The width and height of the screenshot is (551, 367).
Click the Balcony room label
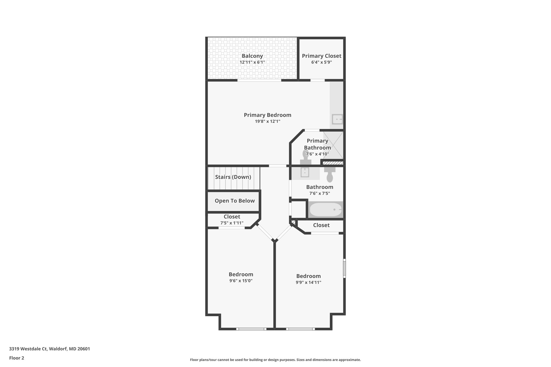[x=252, y=56]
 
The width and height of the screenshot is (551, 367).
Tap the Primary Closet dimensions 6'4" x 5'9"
[x=322, y=62]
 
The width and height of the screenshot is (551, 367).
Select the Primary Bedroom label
[x=267, y=115]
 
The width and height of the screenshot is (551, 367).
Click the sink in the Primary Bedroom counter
[x=337, y=119]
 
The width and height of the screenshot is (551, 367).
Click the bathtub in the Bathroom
[x=326, y=210]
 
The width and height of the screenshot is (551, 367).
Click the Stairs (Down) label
[x=233, y=177]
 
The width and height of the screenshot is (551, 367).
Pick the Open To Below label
[x=235, y=201]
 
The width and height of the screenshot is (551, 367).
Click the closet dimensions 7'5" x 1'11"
[x=232, y=223]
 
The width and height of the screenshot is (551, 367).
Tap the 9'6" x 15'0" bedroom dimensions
[x=241, y=281]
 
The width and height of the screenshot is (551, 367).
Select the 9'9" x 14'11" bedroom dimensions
[x=308, y=282]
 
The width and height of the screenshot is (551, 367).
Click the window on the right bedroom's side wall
[x=344, y=268]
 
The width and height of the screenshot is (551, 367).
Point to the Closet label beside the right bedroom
[x=321, y=225]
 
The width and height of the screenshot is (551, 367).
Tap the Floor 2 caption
[x=17, y=358]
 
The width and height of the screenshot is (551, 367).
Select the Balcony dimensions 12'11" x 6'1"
[x=252, y=62]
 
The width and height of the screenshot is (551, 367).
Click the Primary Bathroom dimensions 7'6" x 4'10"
[x=317, y=154]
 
